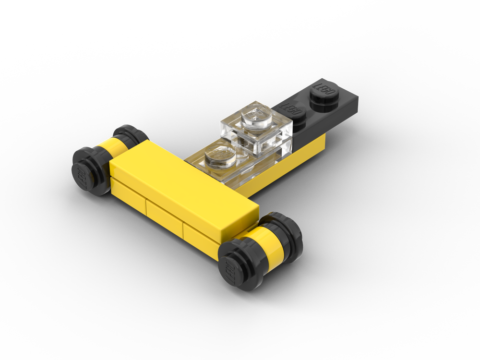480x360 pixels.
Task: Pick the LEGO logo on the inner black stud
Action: (291, 108)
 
